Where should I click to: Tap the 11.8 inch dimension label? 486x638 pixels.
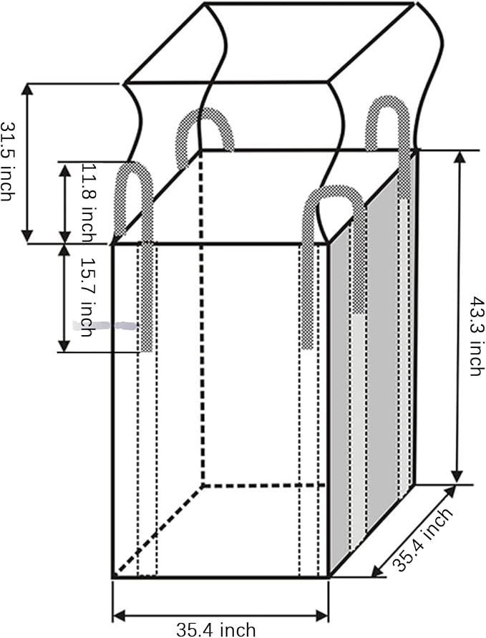89,203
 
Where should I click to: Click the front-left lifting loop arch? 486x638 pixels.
135,179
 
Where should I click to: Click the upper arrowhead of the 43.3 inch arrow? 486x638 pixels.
459,157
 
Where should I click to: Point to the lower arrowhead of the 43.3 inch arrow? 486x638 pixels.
458,477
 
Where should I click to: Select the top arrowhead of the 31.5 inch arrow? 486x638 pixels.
27,90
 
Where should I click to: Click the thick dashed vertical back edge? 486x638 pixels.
201,317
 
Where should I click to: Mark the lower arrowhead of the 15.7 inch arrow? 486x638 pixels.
64,345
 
